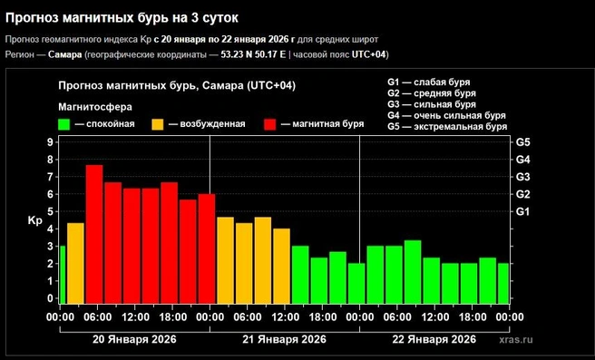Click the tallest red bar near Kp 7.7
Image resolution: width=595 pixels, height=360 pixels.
click(x=94, y=234)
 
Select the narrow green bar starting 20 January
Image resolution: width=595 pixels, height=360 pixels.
click(x=63, y=275)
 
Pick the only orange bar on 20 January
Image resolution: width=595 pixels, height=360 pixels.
click(x=75, y=263)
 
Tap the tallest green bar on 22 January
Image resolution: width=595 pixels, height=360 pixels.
click(x=413, y=272)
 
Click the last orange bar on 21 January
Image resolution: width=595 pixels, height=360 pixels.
click(x=281, y=266)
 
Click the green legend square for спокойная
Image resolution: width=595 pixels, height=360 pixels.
click(x=64, y=124)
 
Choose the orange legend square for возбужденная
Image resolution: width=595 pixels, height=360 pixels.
click(x=158, y=124)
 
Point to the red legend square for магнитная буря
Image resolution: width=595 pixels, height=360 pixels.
click(x=270, y=124)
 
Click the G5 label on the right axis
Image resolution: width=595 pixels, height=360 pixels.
click(x=522, y=142)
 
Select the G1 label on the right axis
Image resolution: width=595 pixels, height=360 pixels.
click(x=522, y=211)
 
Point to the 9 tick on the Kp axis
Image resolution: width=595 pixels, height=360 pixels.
click(x=50, y=142)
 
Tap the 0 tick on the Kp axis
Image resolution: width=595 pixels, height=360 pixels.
click(x=50, y=298)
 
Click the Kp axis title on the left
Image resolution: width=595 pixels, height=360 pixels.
click(x=34, y=221)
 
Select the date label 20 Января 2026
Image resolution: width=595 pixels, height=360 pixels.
click(x=134, y=339)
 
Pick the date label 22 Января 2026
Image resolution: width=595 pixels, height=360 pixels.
click(x=434, y=339)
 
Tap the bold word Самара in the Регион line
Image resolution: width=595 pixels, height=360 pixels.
click(x=65, y=54)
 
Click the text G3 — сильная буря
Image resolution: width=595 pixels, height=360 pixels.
click(x=432, y=104)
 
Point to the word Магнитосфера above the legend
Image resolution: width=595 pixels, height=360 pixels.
click(x=95, y=107)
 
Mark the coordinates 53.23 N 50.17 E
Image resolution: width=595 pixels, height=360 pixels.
click(x=253, y=54)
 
